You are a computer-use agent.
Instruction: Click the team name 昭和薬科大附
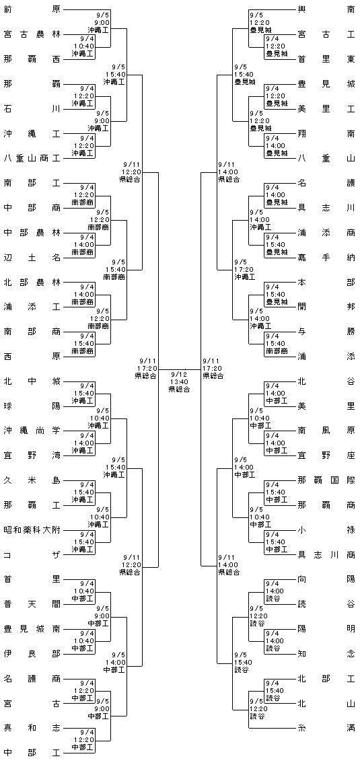pyautogui.click(x=32, y=530)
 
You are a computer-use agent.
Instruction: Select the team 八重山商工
pyautogui.click(x=32, y=158)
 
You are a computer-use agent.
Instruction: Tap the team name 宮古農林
pyautogui.click(x=32, y=34)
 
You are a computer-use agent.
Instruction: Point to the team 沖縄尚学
pyautogui.click(x=32, y=431)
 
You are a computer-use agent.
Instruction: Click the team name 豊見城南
pyautogui.click(x=32, y=629)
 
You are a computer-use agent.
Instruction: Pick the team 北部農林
pyautogui.click(x=32, y=282)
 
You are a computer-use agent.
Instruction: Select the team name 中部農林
pyautogui.click(x=32, y=233)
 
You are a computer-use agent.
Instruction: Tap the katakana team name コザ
pyautogui.click(x=32, y=554)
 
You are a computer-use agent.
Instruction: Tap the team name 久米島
pyautogui.click(x=32, y=480)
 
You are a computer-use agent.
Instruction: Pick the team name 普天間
pyautogui.click(x=32, y=604)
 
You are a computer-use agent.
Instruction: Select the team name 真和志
pyautogui.click(x=32, y=728)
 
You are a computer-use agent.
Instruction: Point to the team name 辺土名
pyautogui.click(x=32, y=258)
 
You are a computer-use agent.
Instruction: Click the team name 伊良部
pyautogui.click(x=32, y=654)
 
